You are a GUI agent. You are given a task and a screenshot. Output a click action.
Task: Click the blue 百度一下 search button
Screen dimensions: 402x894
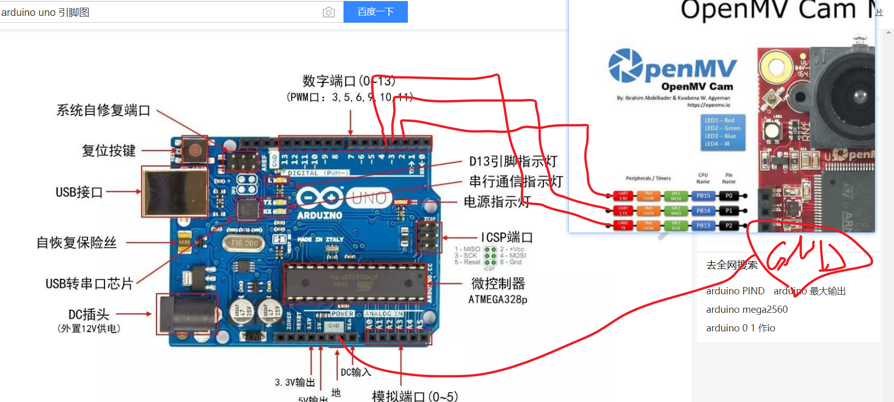click(375, 12)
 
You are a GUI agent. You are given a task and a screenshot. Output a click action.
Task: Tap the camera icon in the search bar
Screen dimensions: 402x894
click(329, 12)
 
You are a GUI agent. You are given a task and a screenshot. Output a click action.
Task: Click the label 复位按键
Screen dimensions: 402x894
click(109, 150)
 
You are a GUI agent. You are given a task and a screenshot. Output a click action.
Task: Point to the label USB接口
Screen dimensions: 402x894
click(79, 192)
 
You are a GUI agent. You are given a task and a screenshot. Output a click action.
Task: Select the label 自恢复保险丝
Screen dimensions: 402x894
click(77, 242)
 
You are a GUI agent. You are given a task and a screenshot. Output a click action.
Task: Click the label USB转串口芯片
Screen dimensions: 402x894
click(89, 283)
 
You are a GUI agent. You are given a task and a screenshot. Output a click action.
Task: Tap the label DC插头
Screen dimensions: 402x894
click(89, 314)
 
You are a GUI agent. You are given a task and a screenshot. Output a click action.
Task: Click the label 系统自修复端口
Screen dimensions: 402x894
click(103, 110)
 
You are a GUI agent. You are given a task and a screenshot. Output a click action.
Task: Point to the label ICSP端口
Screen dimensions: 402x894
click(507, 237)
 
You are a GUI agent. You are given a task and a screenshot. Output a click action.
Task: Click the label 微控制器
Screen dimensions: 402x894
click(498, 283)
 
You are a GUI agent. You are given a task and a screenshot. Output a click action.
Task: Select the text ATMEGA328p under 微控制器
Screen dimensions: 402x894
click(497, 299)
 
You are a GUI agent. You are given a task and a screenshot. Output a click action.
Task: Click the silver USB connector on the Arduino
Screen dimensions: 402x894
click(174, 192)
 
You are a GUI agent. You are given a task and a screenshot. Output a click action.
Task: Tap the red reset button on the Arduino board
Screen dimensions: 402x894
click(195, 150)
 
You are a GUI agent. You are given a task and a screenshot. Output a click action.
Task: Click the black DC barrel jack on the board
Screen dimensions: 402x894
click(187, 314)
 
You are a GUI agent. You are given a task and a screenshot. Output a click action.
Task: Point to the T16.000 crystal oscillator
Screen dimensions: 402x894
click(244, 243)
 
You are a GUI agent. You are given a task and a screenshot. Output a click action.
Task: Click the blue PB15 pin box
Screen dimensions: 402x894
click(703, 196)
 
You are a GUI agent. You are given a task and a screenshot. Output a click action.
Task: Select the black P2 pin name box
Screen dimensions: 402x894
click(729, 226)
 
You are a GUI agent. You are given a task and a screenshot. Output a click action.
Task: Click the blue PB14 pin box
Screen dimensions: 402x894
click(703, 211)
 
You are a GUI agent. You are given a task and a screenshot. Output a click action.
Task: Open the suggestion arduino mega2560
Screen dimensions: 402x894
click(747, 309)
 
